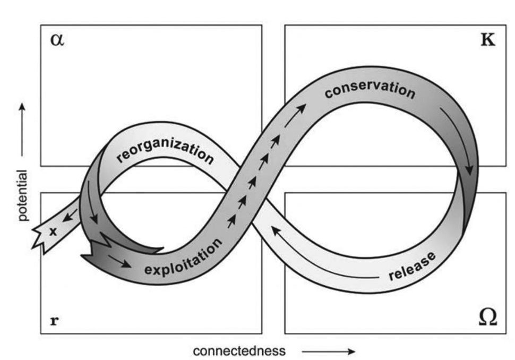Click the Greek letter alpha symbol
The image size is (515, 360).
57,40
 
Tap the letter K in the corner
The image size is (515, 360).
487,40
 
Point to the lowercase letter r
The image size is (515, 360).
54,321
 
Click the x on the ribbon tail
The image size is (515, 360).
53,231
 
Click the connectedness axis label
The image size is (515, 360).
239,351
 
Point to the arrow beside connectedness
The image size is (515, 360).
328,351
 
